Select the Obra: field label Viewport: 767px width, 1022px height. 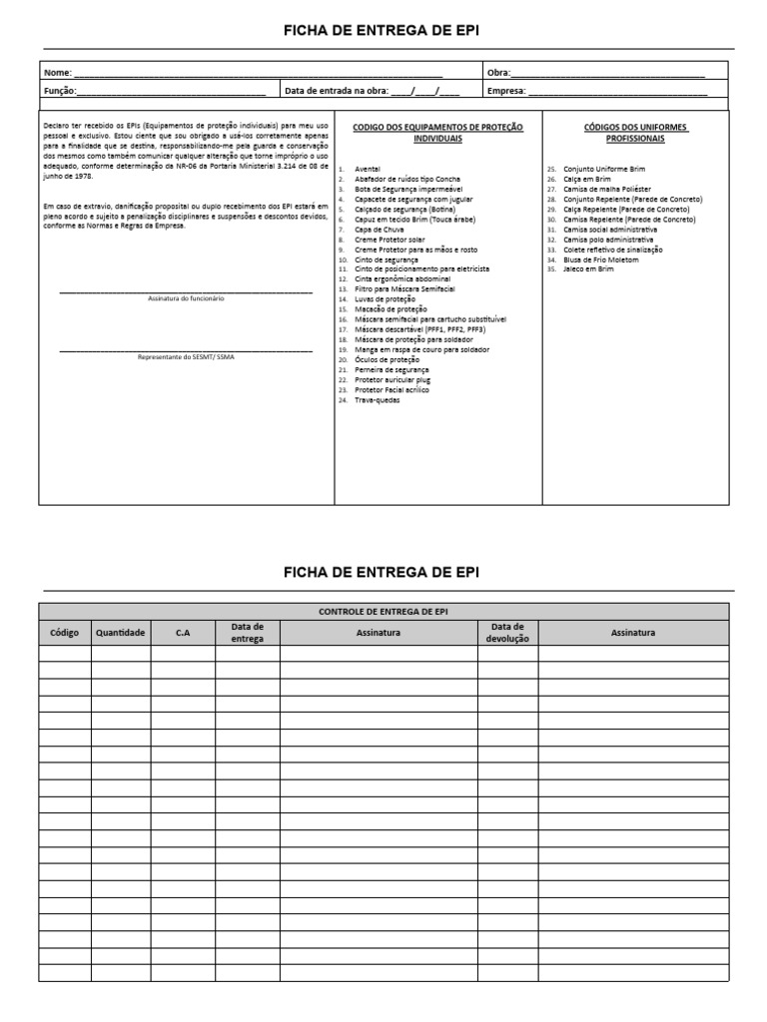(498, 73)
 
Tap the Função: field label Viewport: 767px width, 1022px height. (61, 91)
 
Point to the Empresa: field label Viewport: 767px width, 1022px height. (506, 91)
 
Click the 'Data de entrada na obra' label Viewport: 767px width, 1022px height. (336, 91)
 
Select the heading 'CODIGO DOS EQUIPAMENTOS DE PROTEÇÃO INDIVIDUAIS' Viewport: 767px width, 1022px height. (438, 133)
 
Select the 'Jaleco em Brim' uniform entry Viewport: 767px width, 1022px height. (587, 268)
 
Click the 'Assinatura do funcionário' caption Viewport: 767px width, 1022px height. (186, 298)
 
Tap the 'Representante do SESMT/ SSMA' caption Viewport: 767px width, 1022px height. (186, 356)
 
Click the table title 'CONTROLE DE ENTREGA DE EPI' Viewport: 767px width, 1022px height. (383, 611)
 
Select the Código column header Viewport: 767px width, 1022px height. (65, 632)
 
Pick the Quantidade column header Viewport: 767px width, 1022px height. (121, 632)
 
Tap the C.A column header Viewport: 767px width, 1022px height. (183, 632)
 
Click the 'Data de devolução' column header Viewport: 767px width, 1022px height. (507, 632)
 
